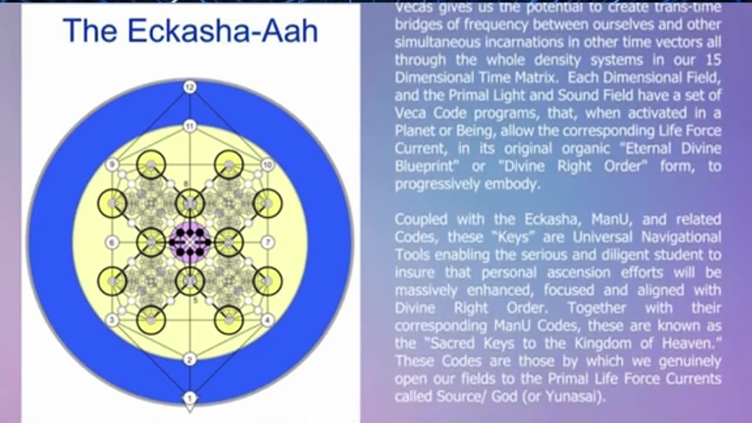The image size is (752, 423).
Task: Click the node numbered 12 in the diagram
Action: click(190, 88)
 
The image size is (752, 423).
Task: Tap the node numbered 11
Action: click(190, 125)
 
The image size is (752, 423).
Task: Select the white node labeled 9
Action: click(112, 165)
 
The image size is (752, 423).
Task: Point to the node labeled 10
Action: click(268, 165)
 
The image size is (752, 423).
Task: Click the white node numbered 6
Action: click(112, 242)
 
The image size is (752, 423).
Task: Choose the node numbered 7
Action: click(268, 242)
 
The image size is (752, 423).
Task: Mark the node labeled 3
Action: click(112, 320)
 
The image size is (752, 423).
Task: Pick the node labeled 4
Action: click(268, 320)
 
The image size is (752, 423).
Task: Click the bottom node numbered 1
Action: click(190, 398)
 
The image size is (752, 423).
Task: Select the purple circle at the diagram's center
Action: click(190, 242)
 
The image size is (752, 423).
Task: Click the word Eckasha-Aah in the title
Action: click(223, 31)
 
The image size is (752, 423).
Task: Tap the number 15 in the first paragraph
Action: click(713, 60)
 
